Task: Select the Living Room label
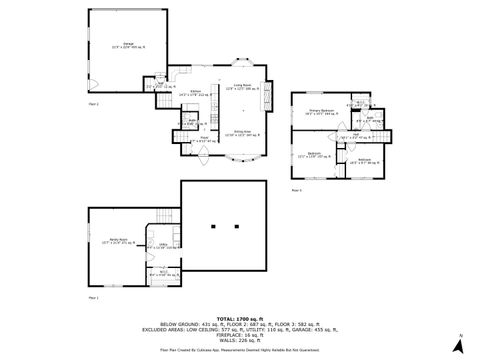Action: pyautogui.click(x=241, y=87)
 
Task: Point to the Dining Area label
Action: pyautogui.click(x=241, y=132)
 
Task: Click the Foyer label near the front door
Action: pyautogui.click(x=204, y=139)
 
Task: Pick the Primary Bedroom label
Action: pyautogui.click(x=321, y=111)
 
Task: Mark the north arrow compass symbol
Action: pyautogui.click(x=458, y=345)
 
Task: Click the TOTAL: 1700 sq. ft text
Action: pyautogui.click(x=240, y=318)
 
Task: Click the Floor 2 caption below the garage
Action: pyautogui.click(x=94, y=103)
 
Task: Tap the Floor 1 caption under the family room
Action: pyautogui.click(x=94, y=297)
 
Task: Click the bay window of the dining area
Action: pyautogui.click(x=241, y=159)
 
